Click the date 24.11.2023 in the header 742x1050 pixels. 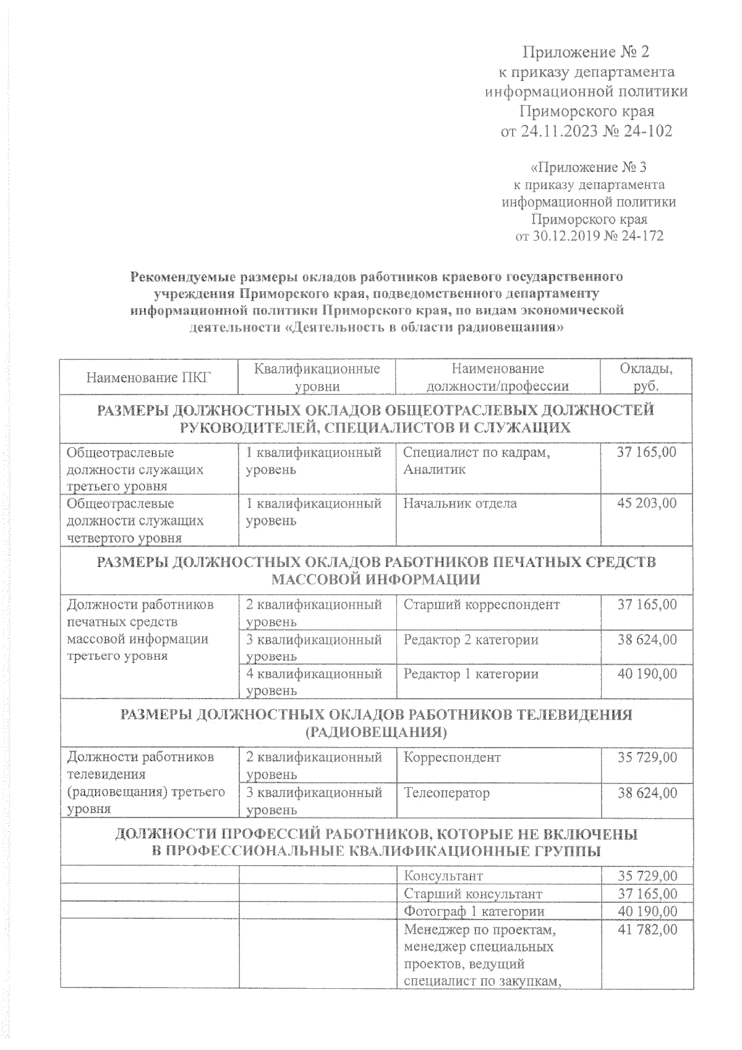pyautogui.click(x=566, y=131)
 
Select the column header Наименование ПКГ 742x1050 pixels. pyautogui.click(x=148, y=377)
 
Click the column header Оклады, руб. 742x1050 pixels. pyautogui.click(x=646, y=377)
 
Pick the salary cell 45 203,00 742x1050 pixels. pyautogui.click(x=647, y=503)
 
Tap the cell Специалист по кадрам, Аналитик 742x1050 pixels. pyautogui.click(x=476, y=461)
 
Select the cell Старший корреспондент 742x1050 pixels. pyautogui.click(x=481, y=605)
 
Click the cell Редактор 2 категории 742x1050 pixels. pyautogui.click(x=471, y=639)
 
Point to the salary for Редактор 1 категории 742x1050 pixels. pyautogui.click(x=647, y=674)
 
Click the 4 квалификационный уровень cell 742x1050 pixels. pyautogui.click(x=314, y=681)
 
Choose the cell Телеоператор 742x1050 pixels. pyautogui.click(x=446, y=793)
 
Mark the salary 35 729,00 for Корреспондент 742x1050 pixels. pyautogui.click(x=647, y=758)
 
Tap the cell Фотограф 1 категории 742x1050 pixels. pyautogui.click(x=474, y=911)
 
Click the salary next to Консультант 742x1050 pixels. pyautogui.click(x=647, y=876)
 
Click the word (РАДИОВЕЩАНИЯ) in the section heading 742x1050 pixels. pyautogui.click(x=376, y=733)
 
